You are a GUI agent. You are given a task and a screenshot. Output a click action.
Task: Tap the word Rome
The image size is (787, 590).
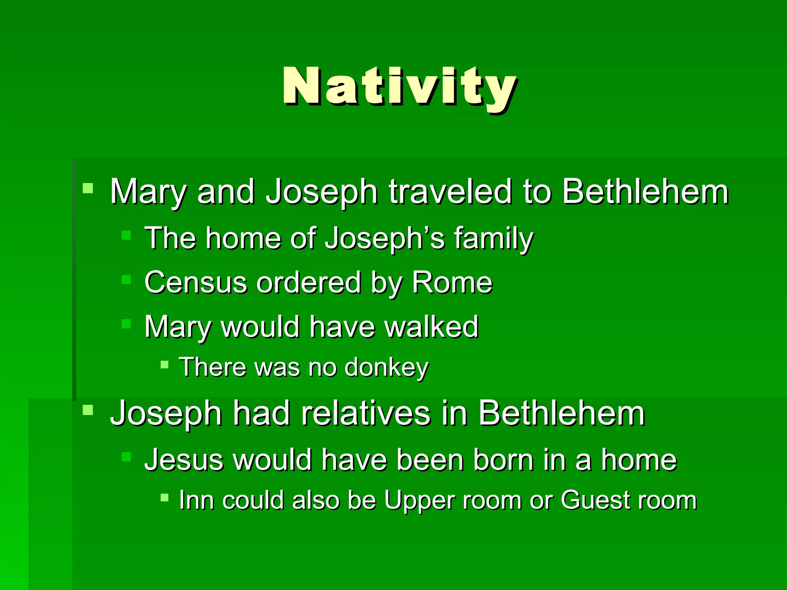tap(452, 283)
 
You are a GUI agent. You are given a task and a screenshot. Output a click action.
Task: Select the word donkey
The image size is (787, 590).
tap(386, 368)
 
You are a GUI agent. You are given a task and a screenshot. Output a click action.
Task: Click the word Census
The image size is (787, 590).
tap(195, 283)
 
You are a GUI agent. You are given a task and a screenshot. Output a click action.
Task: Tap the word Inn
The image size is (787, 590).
tap(196, 501)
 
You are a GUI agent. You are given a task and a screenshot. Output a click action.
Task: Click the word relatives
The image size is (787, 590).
tap(365, 414)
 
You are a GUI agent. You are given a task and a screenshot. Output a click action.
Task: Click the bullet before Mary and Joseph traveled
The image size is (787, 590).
tap(88, 188)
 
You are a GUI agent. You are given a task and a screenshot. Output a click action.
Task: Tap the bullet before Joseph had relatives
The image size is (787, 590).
tap(88, 410)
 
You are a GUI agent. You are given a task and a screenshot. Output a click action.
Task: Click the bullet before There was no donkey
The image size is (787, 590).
tap(164, 365)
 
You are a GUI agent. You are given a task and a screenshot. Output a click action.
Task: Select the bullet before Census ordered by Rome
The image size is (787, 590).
tap(126, 279)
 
